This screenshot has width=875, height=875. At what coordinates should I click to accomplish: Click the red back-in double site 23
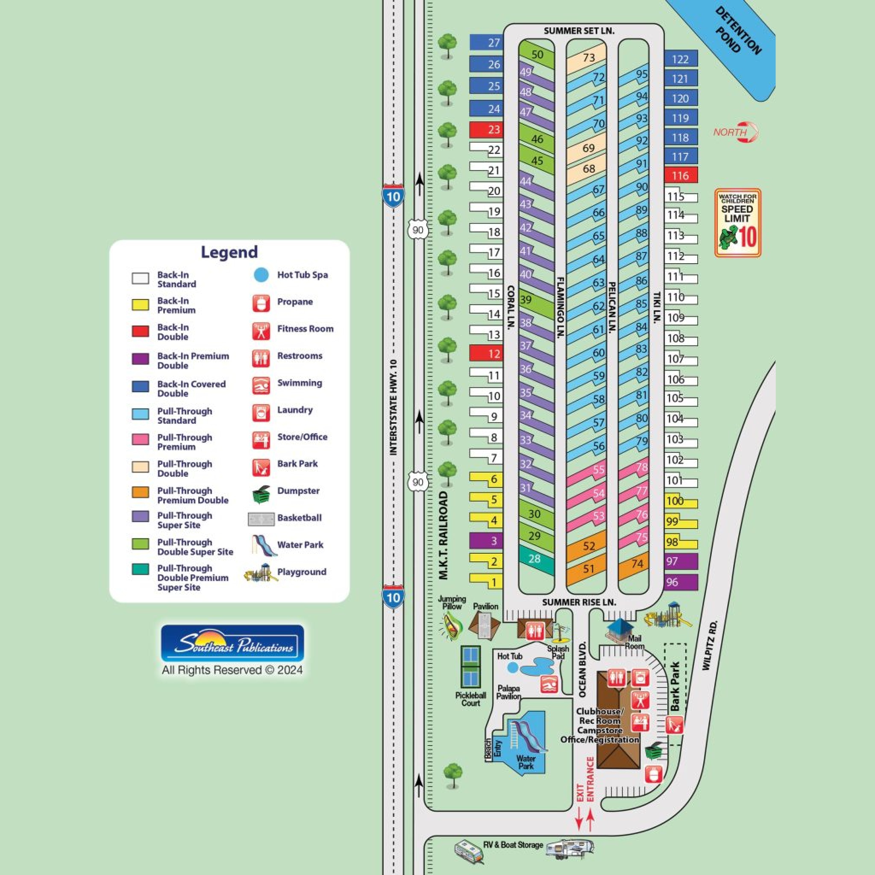[x=485, y=129]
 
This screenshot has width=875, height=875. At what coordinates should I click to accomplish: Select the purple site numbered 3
[x=485, y=540]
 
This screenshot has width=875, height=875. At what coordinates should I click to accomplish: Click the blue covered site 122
[x=681, y=59]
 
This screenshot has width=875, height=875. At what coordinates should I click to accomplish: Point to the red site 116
[x=681, y=175]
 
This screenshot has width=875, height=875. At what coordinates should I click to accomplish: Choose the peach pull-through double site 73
[x=587, y=59]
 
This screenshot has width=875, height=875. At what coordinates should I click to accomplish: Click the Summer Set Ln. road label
[x=579, y=31]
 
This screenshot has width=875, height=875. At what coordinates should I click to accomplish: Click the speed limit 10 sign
[x=737, y=223]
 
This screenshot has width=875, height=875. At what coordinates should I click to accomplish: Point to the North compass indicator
[x=737, y=132]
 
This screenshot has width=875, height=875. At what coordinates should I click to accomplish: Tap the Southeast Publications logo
[x=232, y=644]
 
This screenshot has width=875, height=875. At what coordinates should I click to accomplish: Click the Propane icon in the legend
[x=261, y=302]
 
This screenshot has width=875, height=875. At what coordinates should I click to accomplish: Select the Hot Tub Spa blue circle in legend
[x=261, y=275]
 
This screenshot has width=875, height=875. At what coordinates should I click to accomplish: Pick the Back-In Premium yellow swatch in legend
[x=140, y=305]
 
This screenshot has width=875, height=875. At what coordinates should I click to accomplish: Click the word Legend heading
[x=229, y=252]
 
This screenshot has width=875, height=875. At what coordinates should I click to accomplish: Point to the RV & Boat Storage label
[x=513, y=845]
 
